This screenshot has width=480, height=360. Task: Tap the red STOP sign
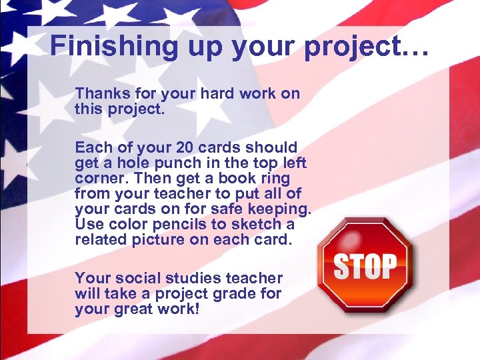(365, 265)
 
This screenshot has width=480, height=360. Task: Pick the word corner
(100, 179)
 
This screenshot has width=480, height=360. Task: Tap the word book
(243, 179)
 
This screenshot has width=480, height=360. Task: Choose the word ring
(276, 179)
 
